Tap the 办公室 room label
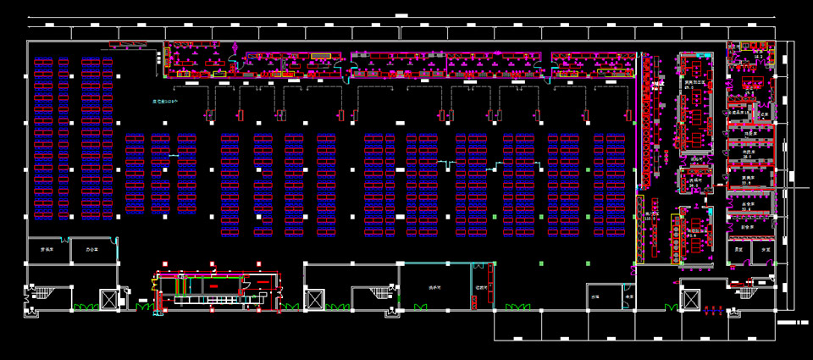pyautogui.click(x=91, y=250)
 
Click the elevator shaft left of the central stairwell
pyautogui.click(x=315, y=299)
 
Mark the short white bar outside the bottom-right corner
pyautogui.click(x=793, y=323)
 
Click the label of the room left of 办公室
pyautogui.click(x=47, y=250)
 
